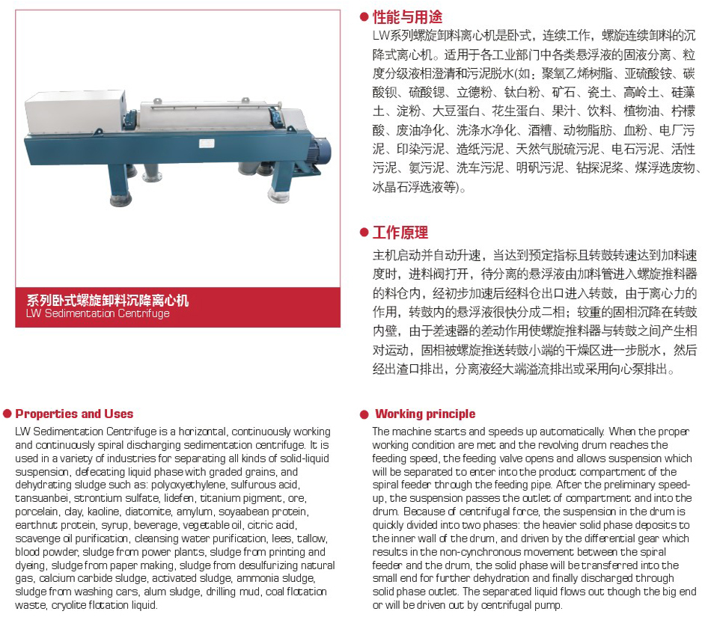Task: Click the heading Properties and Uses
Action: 74,414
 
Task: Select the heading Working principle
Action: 425,414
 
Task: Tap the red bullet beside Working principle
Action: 364,414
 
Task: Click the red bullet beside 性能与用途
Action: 364,16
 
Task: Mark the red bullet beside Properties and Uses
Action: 7,414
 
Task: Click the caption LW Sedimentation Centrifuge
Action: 97,313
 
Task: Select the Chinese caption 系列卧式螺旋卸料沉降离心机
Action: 108,301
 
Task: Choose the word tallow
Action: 311,538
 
